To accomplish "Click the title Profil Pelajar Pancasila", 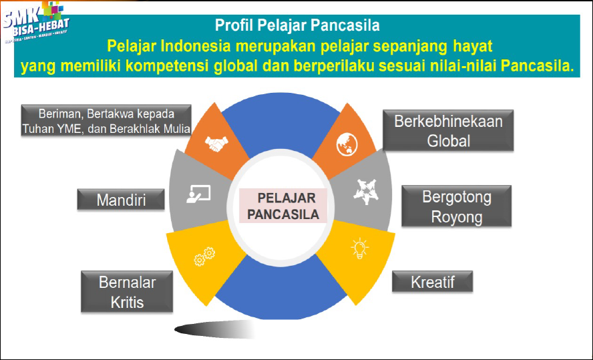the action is (297, 26).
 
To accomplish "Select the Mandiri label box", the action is (121, 199).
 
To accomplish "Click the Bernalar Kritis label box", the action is (127, 292).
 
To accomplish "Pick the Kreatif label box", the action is (432, 281).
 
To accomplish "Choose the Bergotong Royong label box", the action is (456, 206).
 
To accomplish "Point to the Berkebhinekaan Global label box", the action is (448, 131).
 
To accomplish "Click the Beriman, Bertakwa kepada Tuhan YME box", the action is (106, 120).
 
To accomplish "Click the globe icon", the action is (347, 142).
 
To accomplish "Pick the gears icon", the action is (204, 256).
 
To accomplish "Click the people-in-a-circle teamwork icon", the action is (365, 192).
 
